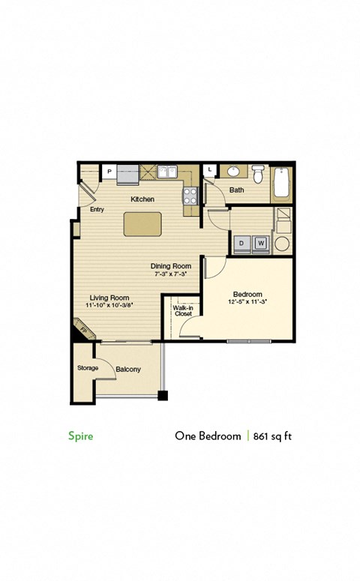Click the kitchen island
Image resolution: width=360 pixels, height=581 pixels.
tap(142, 223)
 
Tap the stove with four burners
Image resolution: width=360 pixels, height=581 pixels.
tap(190, 196)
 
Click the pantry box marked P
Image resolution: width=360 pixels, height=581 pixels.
tap(109, 172)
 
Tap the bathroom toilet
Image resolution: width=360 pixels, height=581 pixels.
tap(258, 175)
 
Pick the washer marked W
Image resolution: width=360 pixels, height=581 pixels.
tap(261, 243)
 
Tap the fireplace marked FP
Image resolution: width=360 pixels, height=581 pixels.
tap(82, 328)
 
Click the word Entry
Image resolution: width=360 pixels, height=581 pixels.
tap(96, 210)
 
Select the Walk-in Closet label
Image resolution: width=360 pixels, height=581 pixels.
tap(183, 310)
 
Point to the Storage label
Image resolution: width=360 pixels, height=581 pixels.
tap(88, 368)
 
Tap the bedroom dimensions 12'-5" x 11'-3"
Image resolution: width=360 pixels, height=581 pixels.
tap(247, 302)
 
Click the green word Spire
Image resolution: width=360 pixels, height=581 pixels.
tap(81, 436)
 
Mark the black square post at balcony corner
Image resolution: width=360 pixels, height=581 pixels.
tap(162, 395)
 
